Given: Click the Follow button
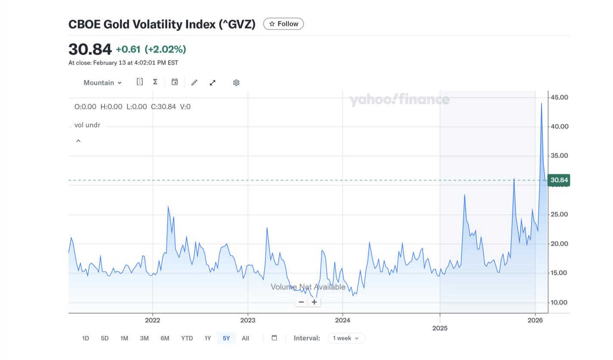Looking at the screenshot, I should click(x=283, y=24).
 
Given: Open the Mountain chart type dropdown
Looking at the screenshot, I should click(x=102, y=83).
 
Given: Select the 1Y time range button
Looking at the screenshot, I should click(x=207, y=338).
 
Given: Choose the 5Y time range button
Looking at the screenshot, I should click(x=226, y=338).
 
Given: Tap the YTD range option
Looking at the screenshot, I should click(x=187, y=338).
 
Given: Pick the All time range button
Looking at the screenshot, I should click(x=245, y=338).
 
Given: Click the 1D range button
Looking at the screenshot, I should click(x=85, y=338).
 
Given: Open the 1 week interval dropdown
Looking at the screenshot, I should click(x=347, y=338).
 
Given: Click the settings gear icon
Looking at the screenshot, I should click(x=236, y=83).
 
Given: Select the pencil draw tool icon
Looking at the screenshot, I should click(x=194, y=83).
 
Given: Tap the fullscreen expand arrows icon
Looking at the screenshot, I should click(x=213, y=83).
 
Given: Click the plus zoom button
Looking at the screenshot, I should click(x=314, y=302).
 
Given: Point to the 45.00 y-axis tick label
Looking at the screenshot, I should click(x=560, y=97).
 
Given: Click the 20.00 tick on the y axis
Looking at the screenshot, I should click(x=560, y=244).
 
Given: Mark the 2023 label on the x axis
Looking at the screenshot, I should click(x=248, y=320).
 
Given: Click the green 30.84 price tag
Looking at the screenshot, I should click(x=559, y=180).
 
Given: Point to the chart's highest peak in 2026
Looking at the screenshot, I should click(x=541, y=103).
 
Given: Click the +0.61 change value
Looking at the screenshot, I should click(x=128, y=50).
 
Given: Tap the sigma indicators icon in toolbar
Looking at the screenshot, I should click(x=155, y=82).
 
